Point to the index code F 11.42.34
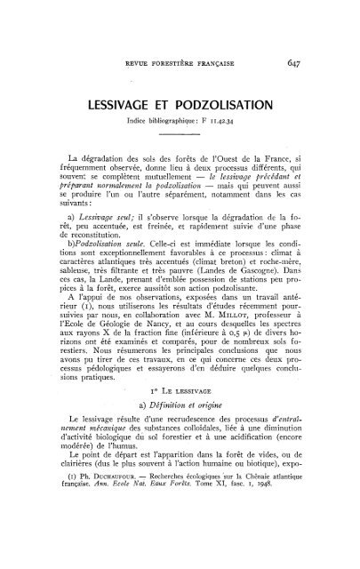(212, 121)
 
